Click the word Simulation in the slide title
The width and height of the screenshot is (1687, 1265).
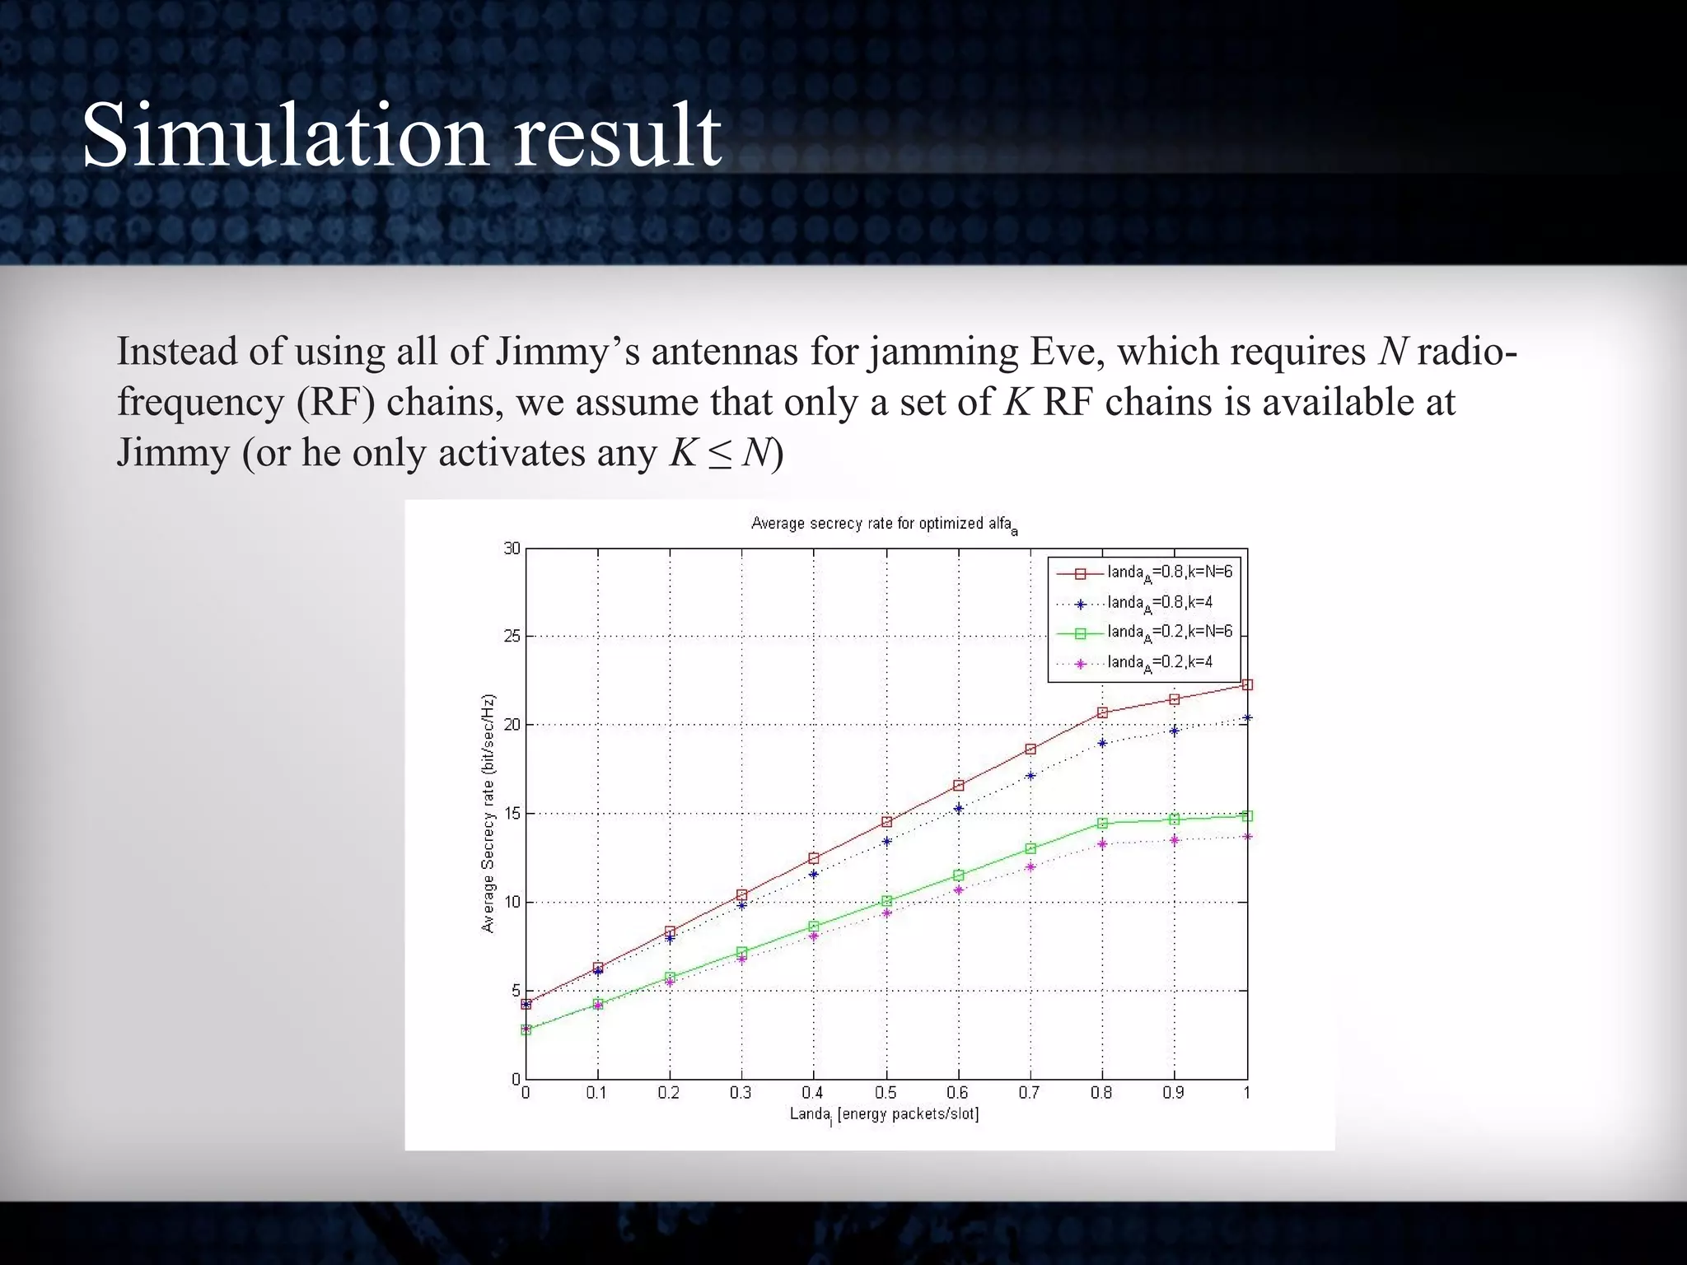285,134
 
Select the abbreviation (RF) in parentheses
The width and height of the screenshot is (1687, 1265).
332,403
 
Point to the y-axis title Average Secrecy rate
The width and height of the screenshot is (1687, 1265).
488,813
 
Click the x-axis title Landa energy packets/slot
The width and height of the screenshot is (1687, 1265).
884,1114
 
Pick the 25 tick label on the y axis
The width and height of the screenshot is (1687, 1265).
512,637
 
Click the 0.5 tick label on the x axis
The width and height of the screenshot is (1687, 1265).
886,1093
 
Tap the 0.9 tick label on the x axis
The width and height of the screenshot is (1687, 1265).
1173,1093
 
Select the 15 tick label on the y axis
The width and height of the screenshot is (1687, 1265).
512,814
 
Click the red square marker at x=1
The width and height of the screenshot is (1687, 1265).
1247,684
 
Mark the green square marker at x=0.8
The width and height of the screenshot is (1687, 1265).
1102,823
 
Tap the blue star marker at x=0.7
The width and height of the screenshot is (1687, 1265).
1030,776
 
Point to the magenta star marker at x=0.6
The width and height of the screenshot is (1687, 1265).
958,890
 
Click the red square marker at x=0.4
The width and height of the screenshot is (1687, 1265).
814,858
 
